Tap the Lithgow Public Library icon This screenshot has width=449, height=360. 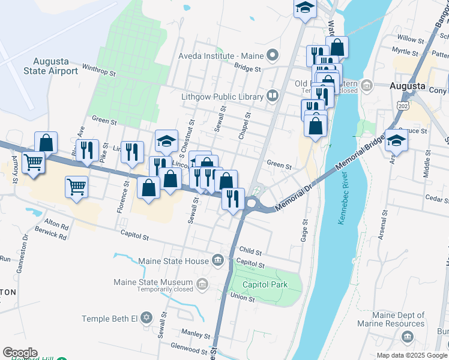pyautogui.click(x=273, y=96)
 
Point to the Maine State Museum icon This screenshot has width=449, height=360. pyautogui.click(x=203, y=283)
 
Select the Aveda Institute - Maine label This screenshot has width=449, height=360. pyautogui.click(x=221, y=56)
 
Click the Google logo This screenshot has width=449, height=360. pyautogui.click(x=20, y=353)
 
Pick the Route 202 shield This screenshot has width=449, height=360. pyautogui.click(x=402, y=106)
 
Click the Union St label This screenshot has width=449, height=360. pyautogui.click(x=243, y=298)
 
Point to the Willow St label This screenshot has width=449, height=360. pyautogui.click(x=410, y=39)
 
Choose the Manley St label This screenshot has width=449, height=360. pyautogui.click(x=194, y=332)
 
